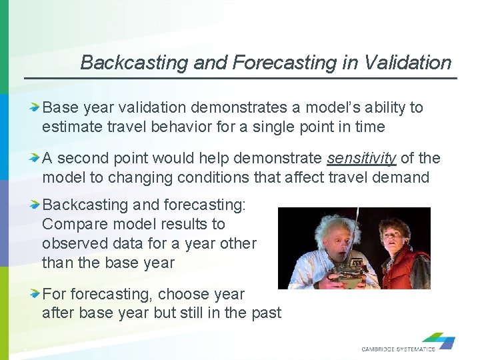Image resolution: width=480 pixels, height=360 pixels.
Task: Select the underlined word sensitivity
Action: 361,158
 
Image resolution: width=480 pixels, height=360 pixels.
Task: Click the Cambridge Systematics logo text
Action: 398,349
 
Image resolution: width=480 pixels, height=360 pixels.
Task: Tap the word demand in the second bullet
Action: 407,177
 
